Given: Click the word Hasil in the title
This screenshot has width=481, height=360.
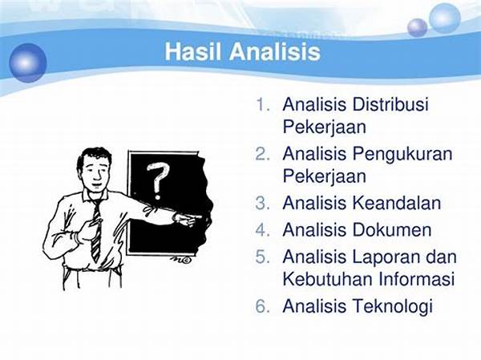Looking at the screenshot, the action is coord(192,51).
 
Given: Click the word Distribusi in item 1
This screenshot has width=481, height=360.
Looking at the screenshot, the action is coord(390,104).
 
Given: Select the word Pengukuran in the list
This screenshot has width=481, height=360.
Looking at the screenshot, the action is coord(402,155).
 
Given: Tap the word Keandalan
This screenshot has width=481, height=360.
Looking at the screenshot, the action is coord(397,203).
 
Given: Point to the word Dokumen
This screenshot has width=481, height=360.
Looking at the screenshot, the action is coord(392,229).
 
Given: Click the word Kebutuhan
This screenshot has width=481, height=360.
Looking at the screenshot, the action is coord(328,279).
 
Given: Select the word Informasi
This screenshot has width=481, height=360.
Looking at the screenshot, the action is coord(417,279).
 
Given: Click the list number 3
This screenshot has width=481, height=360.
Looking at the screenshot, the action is coord(262,203).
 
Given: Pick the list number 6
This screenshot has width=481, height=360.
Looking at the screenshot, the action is coord(262,306).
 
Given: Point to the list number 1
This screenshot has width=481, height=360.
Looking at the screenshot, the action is coord(262,105).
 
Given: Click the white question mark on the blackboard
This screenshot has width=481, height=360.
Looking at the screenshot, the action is coord(157,180).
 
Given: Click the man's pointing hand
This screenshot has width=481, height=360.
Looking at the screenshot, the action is coord(188,219).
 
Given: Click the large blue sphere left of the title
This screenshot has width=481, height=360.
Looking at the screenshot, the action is coord(27,63).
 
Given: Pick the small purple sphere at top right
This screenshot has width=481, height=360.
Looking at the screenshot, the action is coord(417,27).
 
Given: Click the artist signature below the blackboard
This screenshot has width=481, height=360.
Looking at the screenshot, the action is coord(180,260).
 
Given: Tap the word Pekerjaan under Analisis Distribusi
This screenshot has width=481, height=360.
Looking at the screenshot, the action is coord(324,127).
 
